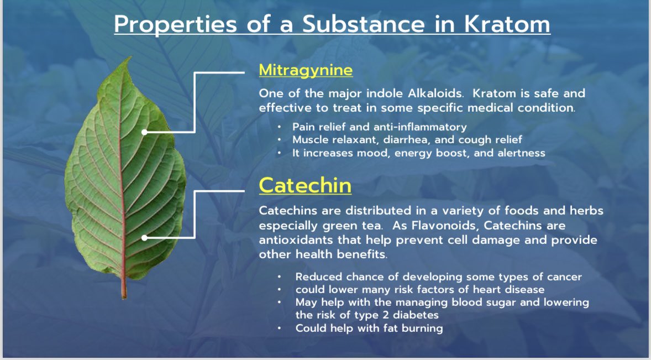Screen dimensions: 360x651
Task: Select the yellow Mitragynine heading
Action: point(306,70)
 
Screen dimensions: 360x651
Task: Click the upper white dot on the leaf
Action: point(144,132)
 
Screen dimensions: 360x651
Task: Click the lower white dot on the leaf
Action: point(144,238)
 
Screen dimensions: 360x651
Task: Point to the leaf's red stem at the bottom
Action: point(124,288)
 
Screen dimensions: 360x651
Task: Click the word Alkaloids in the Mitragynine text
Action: point(426,93)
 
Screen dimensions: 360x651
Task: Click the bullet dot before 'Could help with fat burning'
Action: point(280,328)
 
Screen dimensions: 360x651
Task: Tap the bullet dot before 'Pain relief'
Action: point(280,127)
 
